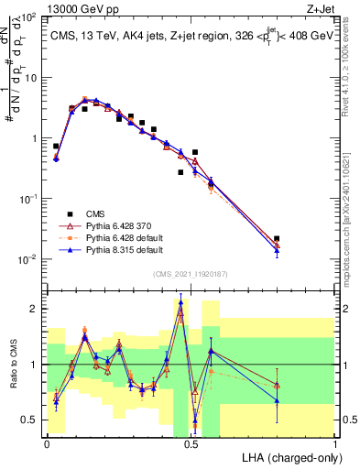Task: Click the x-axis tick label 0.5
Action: [191, 444]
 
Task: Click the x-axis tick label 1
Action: [335, 444]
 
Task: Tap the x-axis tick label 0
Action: [47, 444]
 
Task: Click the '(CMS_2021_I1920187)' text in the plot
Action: [191, 272]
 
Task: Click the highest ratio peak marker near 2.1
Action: [180, 302]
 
